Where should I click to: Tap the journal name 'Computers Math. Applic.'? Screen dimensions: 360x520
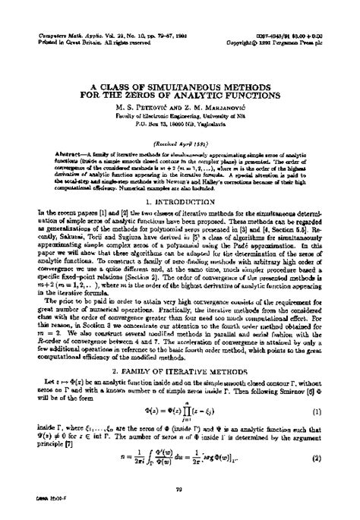click(62, 36)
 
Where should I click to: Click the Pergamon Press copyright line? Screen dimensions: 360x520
click(298, 43)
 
